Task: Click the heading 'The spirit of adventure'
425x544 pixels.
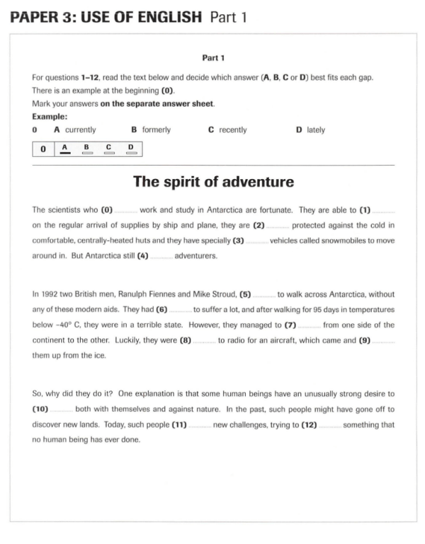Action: coord(213,182)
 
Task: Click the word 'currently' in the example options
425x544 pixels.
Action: coord(80,130)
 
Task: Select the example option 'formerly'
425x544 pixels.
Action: coord(156,130)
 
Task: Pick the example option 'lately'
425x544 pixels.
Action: coord(315,130)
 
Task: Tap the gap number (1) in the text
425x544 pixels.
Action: coord(365,210)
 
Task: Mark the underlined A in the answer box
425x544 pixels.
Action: coord(65,148)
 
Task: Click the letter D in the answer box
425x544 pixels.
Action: coord(130,148)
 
